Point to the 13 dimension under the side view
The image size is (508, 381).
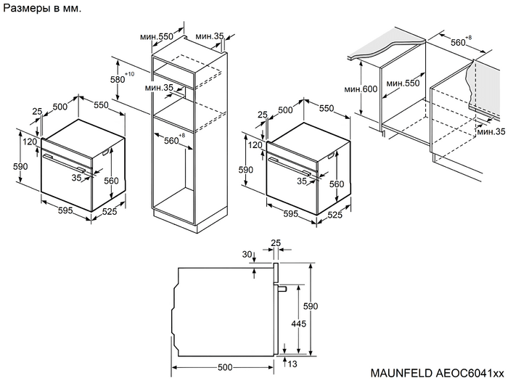click(292, 364)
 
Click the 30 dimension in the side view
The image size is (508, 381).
click(247, 255)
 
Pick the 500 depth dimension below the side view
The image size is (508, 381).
click(225, 367)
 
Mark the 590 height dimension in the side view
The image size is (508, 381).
click(311, 306)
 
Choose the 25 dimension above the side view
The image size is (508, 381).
click(275, 242)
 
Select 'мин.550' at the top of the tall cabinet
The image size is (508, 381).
click(155, 36)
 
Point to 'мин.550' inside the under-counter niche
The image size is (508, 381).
click(403, 84)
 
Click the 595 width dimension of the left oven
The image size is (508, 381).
click(65, 210)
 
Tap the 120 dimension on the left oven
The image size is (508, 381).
click(30, 142)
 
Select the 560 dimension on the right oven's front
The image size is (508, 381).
click(337, 184)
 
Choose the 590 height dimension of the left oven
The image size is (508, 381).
click(20, 167)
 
